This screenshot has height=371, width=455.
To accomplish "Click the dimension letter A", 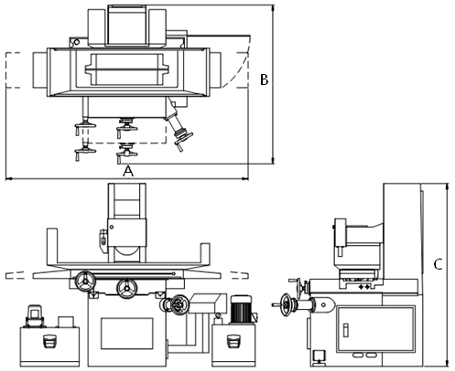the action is pos(128,171).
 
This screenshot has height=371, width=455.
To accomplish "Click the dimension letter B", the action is pos(264,79).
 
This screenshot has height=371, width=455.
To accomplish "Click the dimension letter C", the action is pos(438,264).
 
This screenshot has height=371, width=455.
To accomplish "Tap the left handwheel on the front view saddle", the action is pos(86,281).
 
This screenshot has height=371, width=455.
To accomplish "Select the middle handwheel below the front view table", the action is pos(126,288).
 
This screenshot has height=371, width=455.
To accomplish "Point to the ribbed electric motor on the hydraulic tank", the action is pos(241,309).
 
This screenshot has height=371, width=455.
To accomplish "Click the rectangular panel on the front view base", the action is pos(127,334).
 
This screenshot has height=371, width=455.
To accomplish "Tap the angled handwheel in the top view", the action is pos(183,139).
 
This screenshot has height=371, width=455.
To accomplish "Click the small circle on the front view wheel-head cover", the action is pos(112,227).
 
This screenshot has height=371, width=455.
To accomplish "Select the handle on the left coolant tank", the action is pos(49,341).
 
